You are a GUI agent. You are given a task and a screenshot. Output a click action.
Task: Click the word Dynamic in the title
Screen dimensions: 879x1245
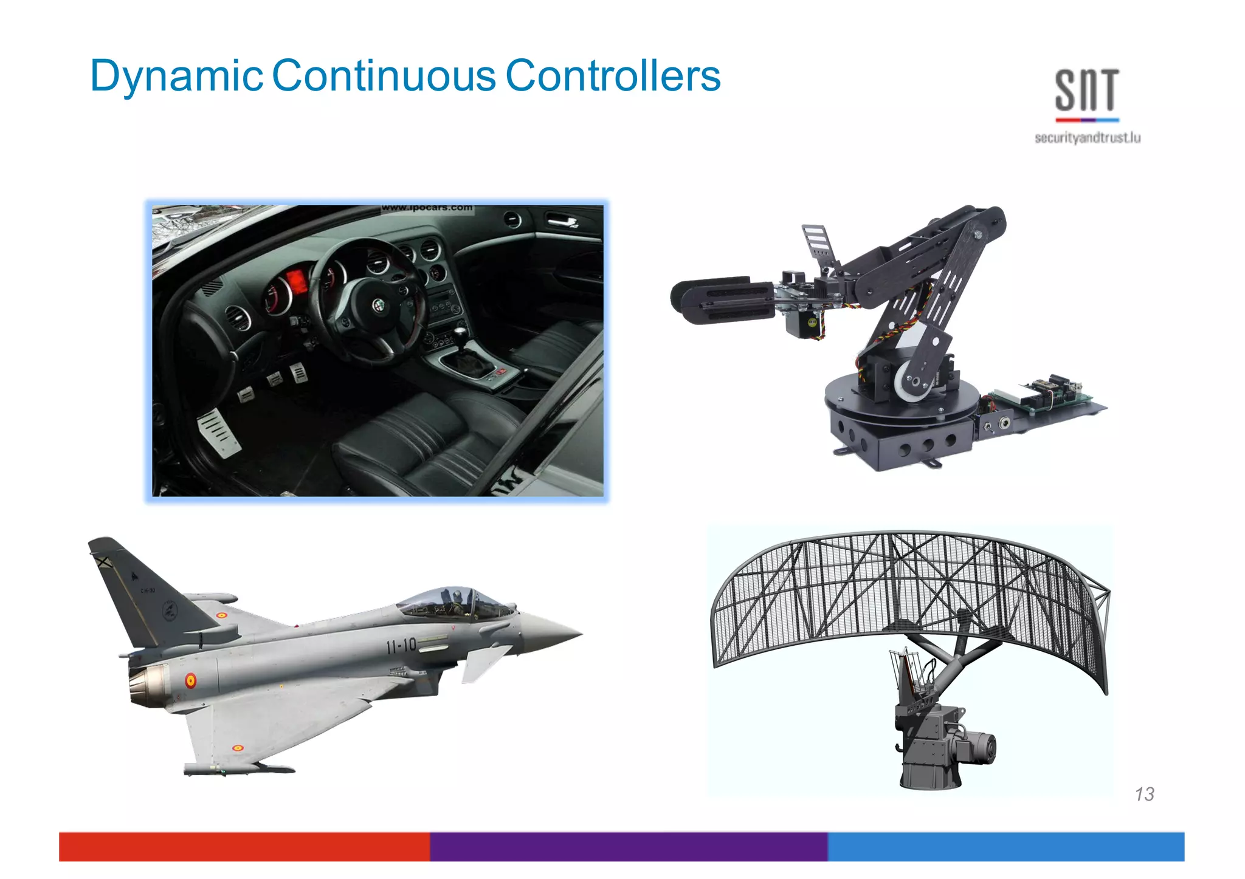(176, 76)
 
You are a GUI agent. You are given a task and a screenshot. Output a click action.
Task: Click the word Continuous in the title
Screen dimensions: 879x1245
(384, 76)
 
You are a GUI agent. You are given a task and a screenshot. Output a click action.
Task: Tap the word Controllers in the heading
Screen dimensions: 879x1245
(613, 76)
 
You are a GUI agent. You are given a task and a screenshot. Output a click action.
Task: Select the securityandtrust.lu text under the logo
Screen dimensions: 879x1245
(1087, 138)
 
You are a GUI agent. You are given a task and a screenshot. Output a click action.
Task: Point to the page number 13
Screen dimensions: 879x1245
(1144, 794)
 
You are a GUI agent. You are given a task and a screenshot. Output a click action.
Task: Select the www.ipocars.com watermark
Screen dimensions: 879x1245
(427, 208)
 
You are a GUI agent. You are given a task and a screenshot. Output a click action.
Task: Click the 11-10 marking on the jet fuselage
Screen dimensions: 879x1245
(401, 645)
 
